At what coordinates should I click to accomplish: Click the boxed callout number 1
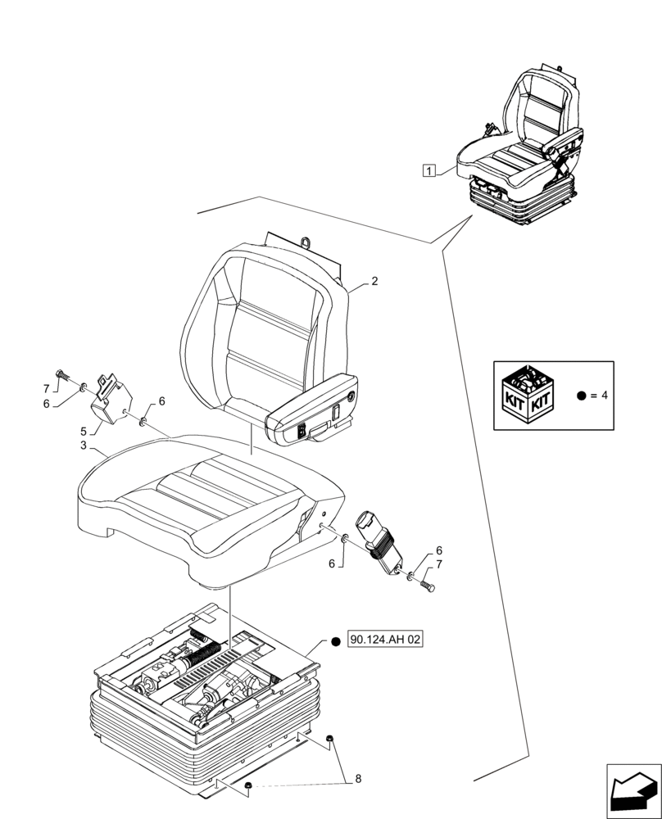[428, 170]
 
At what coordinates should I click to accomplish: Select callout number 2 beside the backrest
[374, 281]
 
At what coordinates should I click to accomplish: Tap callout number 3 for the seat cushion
[84, 446]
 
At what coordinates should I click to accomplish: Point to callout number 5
[84, 431]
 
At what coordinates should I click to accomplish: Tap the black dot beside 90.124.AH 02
[336, 641]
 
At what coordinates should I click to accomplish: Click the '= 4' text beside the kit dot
[598, 395]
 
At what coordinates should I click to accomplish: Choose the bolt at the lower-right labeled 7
[428, 586]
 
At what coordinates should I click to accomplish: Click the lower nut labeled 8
[247, 788]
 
